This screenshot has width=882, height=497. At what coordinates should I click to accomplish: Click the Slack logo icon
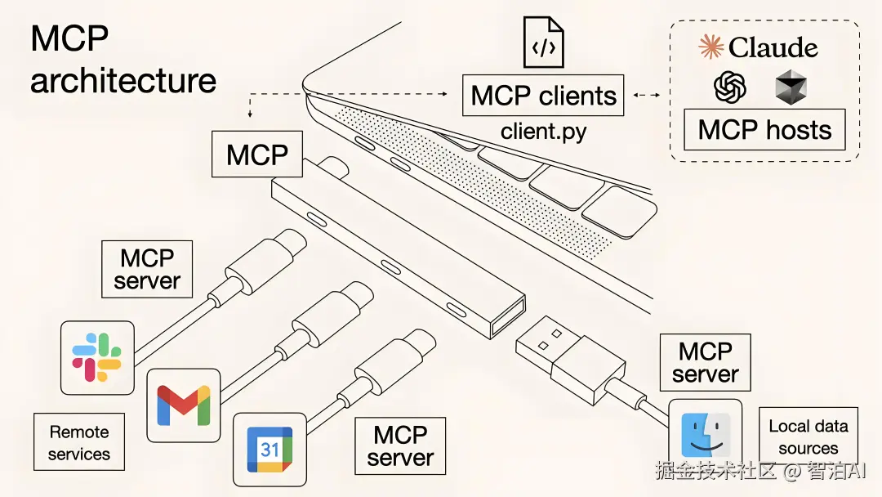[96, 357]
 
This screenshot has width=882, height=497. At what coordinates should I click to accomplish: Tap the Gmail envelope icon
[184, 405]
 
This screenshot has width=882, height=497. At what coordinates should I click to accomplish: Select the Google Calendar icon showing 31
[270, 449]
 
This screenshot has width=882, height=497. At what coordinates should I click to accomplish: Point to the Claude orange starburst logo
[711, 46]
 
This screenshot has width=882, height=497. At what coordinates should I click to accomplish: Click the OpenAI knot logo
[730, 87]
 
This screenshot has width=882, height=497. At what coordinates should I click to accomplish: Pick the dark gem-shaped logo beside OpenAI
[791, 87]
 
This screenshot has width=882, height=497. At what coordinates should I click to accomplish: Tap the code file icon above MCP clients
[543, 43]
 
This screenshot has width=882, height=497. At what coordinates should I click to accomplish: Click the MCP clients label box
[543, 95]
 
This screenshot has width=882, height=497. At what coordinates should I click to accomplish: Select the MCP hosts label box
[764, 129]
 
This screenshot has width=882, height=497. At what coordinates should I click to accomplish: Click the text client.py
[543, 131]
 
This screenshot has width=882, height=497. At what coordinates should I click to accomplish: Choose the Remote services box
[78, 442]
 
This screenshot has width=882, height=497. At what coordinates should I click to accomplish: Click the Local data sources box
[808, 437]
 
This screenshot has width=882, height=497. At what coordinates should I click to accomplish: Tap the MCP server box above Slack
[147, 269]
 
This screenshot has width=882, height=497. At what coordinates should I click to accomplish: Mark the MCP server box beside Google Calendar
[400, 446]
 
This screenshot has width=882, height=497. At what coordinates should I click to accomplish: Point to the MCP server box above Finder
[706, 362]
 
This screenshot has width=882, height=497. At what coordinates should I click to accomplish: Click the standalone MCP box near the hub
[257, 154]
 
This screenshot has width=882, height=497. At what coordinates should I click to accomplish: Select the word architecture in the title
[123, 80]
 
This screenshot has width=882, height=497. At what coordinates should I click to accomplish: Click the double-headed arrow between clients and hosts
[647, 95]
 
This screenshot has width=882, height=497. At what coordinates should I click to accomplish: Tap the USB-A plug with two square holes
[570, 360]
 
